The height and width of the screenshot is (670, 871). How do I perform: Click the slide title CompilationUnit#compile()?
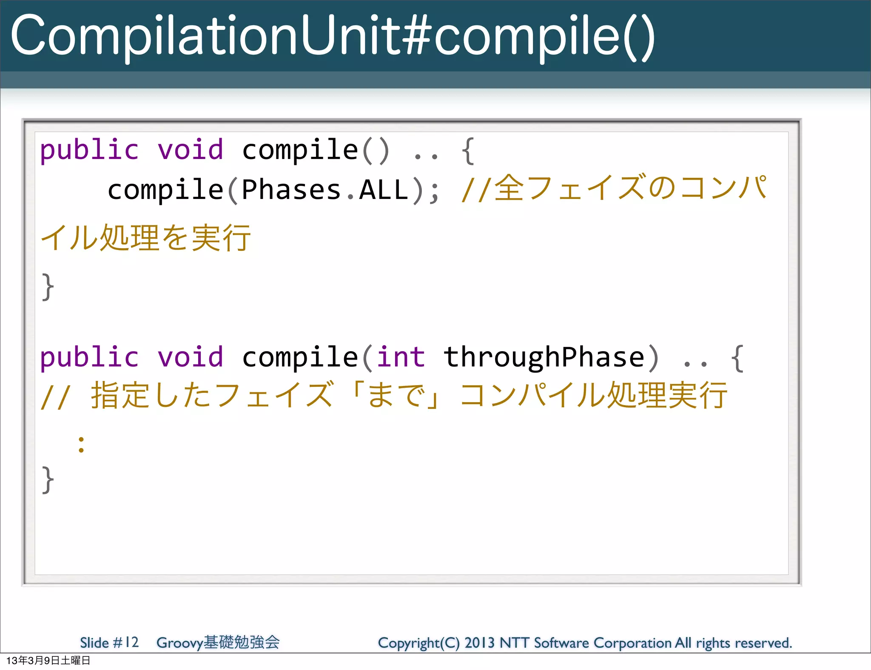tap(332, 36)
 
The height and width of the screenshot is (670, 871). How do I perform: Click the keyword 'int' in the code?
tap(401, 357)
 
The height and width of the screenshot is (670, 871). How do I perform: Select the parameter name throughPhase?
tap(544, 357)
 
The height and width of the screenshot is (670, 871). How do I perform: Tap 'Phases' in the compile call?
tap(291, 190)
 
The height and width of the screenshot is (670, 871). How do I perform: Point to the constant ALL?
tap(384, 190)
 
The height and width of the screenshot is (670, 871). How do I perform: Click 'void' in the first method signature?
tap(190, 150)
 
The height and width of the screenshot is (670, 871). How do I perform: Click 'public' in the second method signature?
tap(89, 357)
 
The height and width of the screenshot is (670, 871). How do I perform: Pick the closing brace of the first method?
tap(48, 287)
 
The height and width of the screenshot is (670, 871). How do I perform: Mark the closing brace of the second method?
tap(48, 480)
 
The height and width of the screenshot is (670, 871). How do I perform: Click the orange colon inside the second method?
tap(81, 445)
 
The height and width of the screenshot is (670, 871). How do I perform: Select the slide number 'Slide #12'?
tap(109, 642)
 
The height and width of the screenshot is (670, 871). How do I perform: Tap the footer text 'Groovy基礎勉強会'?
tap(218, 642)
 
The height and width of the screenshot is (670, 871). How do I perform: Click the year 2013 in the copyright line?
tap(479, 643)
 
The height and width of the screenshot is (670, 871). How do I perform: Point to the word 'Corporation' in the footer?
tap(632, 643)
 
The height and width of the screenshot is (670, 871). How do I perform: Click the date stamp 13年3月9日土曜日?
tap(48, 661)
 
